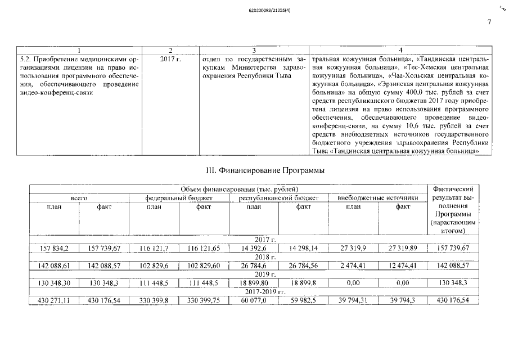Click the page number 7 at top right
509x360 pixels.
489,22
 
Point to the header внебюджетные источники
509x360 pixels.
378,199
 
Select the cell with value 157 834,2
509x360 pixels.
54,247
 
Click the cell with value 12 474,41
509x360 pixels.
403,265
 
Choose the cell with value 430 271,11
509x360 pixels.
54,301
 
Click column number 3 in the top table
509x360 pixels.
254,50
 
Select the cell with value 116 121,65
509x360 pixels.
204,247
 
